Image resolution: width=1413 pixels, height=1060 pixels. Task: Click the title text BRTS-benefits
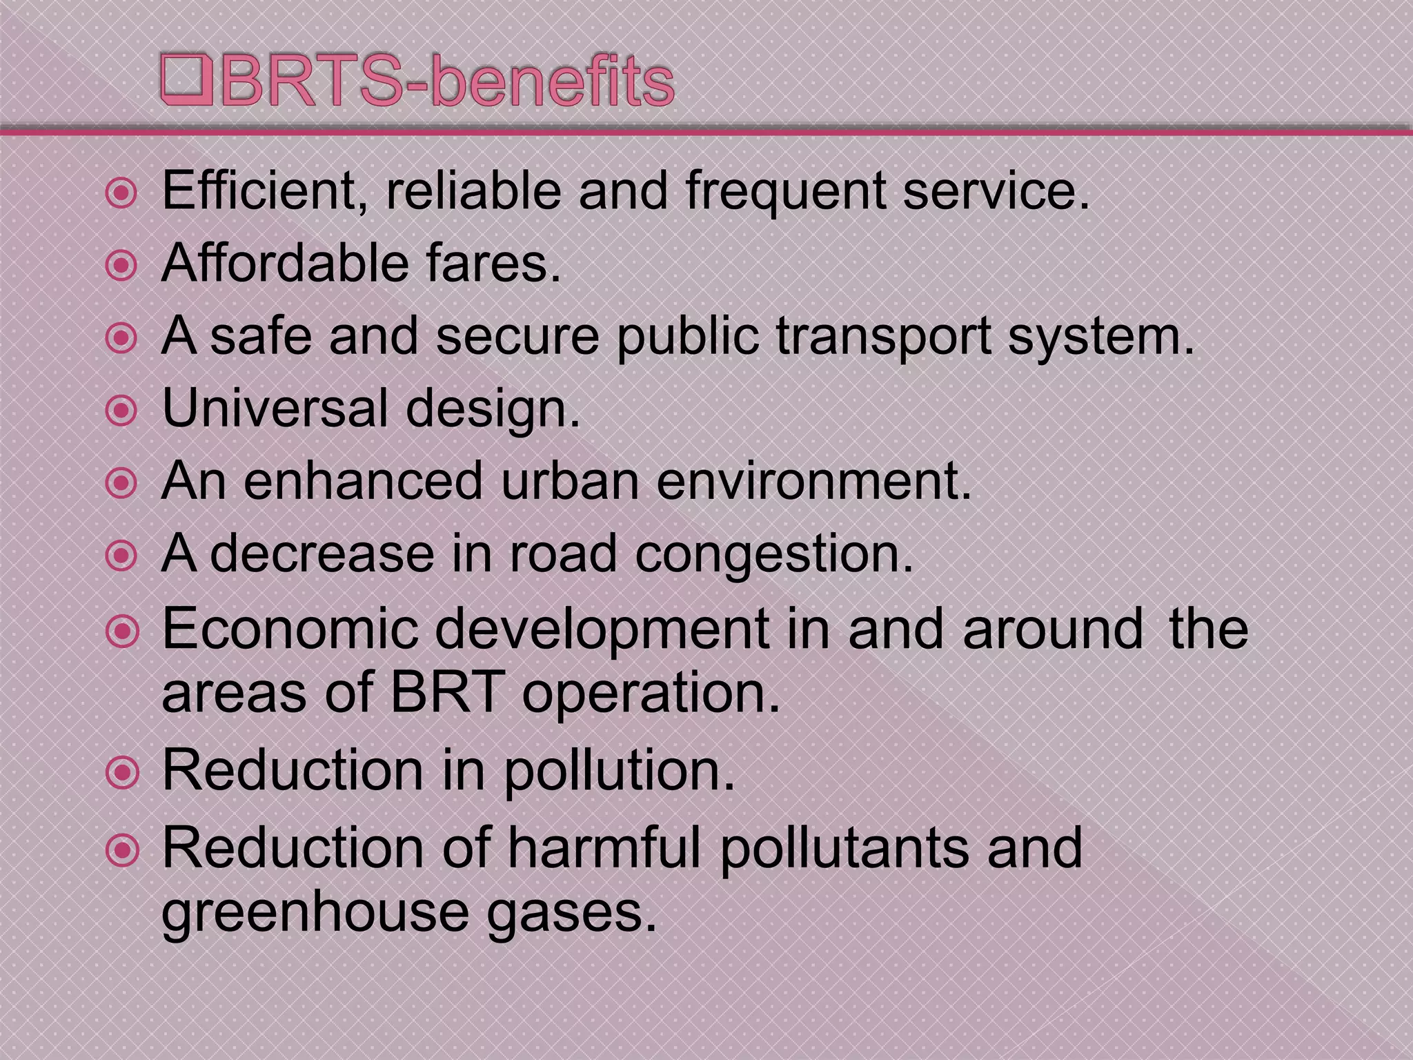[x=446, y=81]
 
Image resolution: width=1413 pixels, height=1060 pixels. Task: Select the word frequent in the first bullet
[x=786, y=192]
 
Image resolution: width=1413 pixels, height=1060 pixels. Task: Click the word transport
[x=883, y=337]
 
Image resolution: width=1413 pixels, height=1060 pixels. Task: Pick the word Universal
[x=275, y=408]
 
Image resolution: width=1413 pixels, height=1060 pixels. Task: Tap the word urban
[x=571, y=480]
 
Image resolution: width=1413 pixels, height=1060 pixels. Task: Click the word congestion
[x=774, y=554]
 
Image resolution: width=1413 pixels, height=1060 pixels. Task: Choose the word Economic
[x=290, y=629]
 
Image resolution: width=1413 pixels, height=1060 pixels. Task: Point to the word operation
[x=651, y=694]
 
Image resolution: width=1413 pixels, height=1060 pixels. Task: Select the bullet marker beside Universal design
[x=122, y=411]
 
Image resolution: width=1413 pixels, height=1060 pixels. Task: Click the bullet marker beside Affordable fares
[x=122, y=266]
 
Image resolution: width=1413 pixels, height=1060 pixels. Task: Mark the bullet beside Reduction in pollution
[x=123, y=773]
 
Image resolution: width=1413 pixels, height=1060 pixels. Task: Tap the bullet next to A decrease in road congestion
[x=122, y=556]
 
